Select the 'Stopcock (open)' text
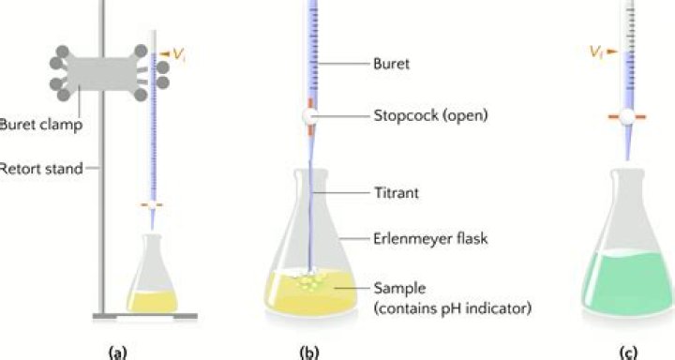pyautogui.click(x=427, y=116)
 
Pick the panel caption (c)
pyautogui.click(x=629, y=352)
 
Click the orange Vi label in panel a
pyautogui.click(x=175, y=55)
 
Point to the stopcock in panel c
pyautogui.click(x=628, y=117)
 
